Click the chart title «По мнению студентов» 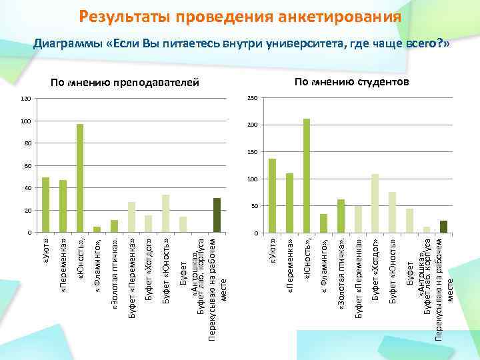[x=352, y=81]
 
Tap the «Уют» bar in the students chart [x=272, y=196]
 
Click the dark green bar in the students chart [x=443, y=227]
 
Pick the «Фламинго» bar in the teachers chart [x=97, y=230]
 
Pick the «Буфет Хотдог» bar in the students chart [x=375, y=203]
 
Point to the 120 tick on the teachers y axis [x=25, y=99]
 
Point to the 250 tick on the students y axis [x=251, y=99]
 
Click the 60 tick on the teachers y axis [x=27, y=165]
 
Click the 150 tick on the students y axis [x=251, y=153]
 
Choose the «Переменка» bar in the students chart [x=289, y=203]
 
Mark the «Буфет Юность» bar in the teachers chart [x=165, y=213]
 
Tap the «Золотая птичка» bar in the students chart [x=341, y=216]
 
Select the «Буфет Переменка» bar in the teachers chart [x=131, y=217]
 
